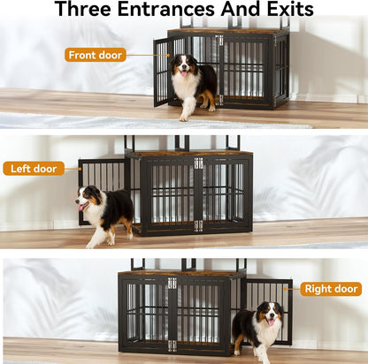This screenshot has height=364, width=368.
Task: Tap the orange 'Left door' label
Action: click(33, 168)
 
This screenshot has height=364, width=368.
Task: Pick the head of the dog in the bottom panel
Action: click(269, 315)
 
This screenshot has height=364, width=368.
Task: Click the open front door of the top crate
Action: click(162, 72)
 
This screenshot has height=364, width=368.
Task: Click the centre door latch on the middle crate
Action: click(198, 163)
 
